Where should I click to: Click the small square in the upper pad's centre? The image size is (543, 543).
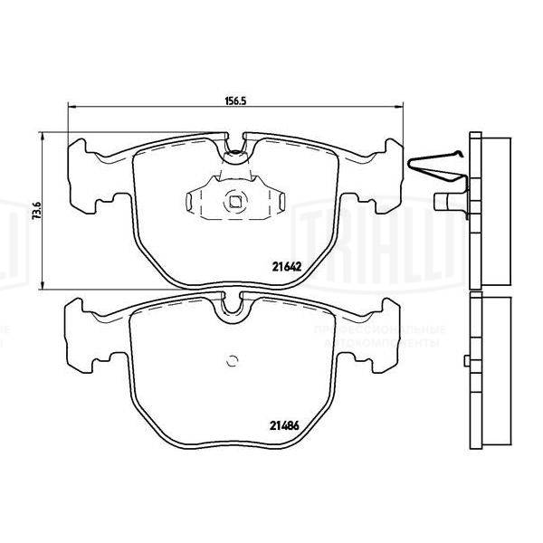pyautogui.click(x=236, y=202)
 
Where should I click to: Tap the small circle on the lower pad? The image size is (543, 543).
pyautogui.click(x=232, y=363)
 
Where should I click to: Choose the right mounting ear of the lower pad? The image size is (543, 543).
pyautogui.click(x=387, y=331)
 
